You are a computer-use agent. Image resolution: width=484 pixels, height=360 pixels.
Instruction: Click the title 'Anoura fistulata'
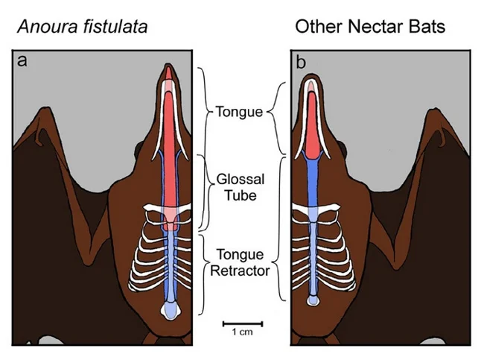(x=83, y=28)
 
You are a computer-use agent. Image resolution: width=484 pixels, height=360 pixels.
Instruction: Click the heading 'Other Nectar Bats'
(x=369, y=28)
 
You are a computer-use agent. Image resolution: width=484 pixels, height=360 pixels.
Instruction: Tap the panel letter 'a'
(x=22, y=62)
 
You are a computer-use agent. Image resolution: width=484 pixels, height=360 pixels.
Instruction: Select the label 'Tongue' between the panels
(x=239, y=113)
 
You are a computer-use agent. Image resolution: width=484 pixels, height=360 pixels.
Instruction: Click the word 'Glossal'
(x=236, y=180)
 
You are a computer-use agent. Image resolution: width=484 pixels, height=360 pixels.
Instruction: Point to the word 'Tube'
(x=236, y=195)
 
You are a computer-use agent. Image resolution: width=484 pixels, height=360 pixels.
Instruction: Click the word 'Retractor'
(x=239, y=271)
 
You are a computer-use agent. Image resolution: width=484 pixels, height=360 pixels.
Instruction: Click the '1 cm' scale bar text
(x=241, y=332)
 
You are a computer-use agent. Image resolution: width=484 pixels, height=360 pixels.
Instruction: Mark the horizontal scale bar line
(x=241, y=323)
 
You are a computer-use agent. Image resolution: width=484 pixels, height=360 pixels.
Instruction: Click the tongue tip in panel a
(x=170, y=72)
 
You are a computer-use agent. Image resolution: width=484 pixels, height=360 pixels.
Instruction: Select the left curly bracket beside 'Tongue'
(x=203, y=112)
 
